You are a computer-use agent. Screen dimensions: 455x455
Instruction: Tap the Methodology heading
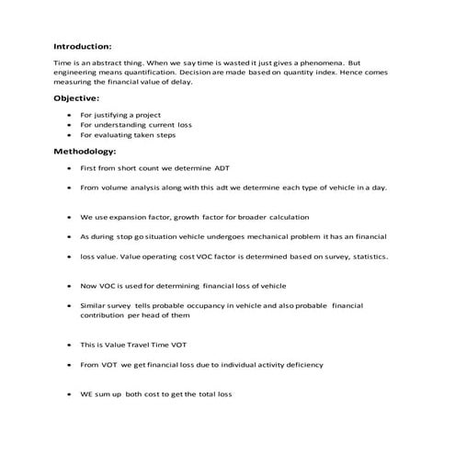click(85, 151)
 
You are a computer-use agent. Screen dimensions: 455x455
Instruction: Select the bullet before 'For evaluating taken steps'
click(71, 135)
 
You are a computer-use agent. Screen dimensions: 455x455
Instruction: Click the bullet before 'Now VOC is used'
click(71, 287)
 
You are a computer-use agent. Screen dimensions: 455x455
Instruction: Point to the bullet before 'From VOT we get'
click(71, 365)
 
